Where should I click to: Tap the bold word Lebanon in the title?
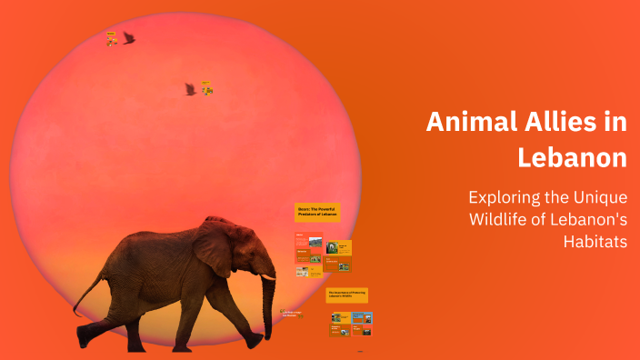coord(572,156)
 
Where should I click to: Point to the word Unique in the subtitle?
coord(599,196)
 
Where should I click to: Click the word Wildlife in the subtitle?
coord(502,219)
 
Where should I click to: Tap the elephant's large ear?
coord(214,247)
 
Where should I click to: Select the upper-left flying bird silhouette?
coord(129,38)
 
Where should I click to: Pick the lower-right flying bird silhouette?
coord(190,89)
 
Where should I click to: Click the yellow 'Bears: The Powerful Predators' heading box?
coord(317,211)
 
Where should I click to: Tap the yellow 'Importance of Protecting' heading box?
coord(346,295)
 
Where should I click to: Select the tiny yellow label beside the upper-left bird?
coord(111,38)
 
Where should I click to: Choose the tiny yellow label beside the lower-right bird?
coord(207,88)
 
